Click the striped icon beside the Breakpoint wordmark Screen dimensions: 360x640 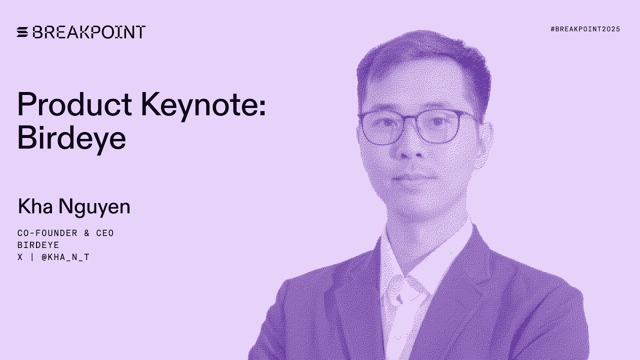tap(23, 32)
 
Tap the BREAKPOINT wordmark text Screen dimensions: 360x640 tap(89, 32)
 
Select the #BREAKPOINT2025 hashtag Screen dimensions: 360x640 tap(585, 29)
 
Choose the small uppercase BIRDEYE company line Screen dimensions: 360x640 tap(38, 245)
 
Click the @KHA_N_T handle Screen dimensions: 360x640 tap(65, 257)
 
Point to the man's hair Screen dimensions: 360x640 tap(425, 55)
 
